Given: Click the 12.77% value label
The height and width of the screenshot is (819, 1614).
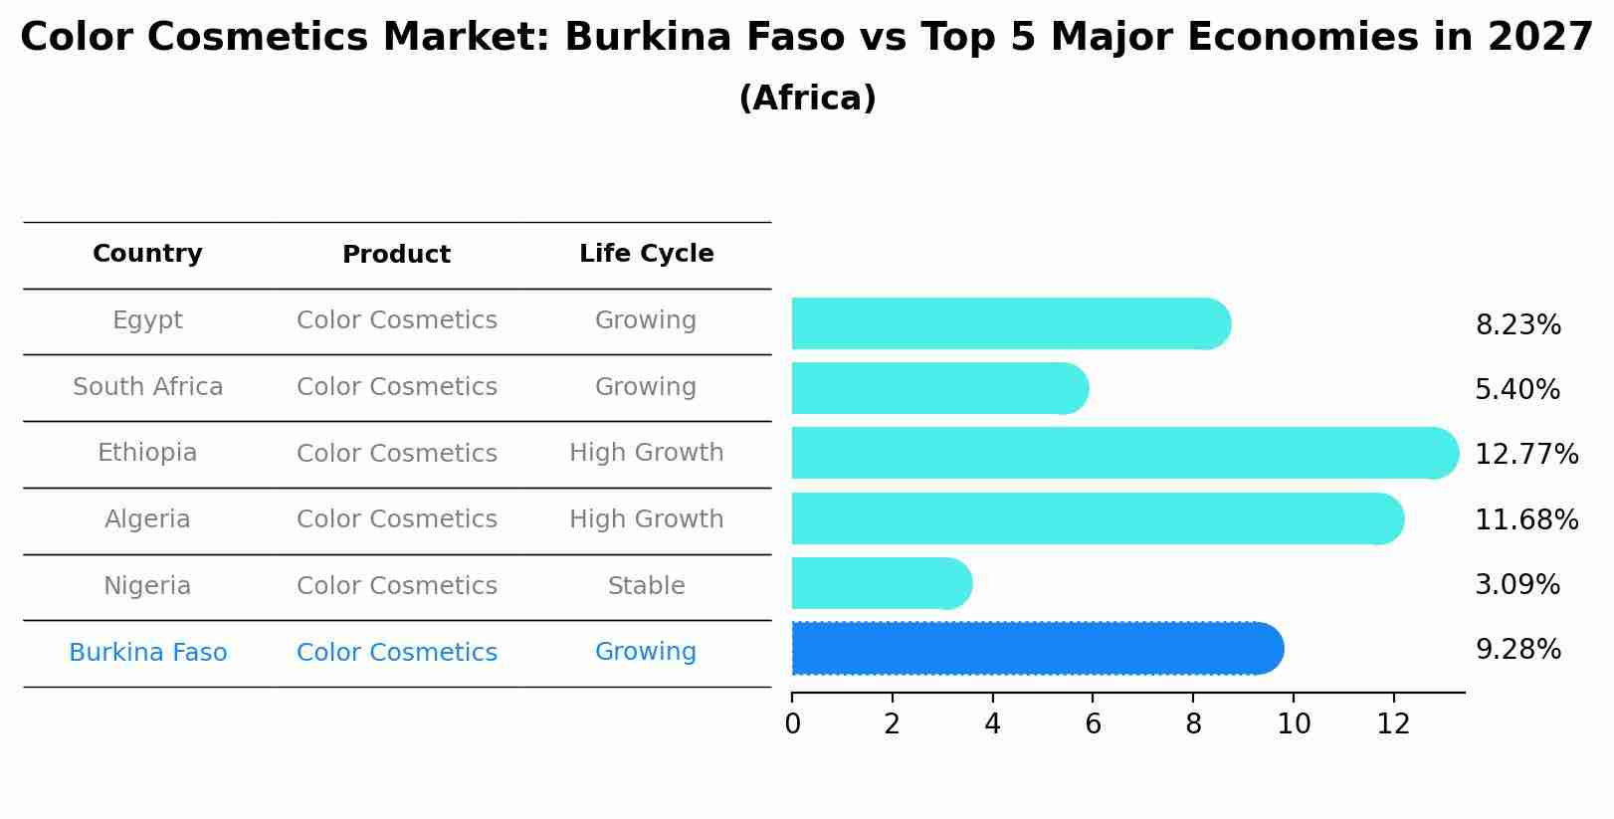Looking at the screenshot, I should pyautogui.click(x=1525, y=455).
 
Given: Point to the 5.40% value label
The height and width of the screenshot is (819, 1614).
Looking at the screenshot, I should pyautogui.click(x=1516, y=390).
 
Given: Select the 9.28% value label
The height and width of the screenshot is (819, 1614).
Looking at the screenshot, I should pyautogui.click(x=1517, y=650).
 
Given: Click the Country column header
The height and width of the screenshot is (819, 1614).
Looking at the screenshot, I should pyautogui.click(x=147, y=254).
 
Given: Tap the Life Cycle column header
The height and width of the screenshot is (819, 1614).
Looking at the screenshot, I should pyautogui.click(x=646, y=254).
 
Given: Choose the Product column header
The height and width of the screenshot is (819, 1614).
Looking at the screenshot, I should pyautogui.click(x=396, y=255).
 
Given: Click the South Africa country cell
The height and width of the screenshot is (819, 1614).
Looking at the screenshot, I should pyautogui.click(x=147, y=387).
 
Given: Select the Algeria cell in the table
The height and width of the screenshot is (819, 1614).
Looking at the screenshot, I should pyautogui.click(x=147, y=519).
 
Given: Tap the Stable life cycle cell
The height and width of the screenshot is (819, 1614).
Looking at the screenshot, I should pyautogui.click(x=646, y=586).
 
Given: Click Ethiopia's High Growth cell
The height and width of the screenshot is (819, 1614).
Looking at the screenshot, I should pyautogui.click(x=646, y=453).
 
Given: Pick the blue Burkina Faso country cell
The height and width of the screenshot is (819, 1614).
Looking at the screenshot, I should pyautogui.click(x=147, y=653).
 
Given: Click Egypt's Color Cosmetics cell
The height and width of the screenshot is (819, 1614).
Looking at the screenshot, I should pyautogui.click(x=396, y=320).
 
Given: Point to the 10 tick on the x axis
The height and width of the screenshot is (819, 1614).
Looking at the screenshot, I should pyautogui.click(x=1293, y=724).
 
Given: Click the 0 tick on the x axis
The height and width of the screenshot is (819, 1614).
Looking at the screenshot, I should pyautogui.click(x=792, y=724).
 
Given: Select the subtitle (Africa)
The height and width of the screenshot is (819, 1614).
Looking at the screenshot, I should pyautogui.click(x=807, y=99).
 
